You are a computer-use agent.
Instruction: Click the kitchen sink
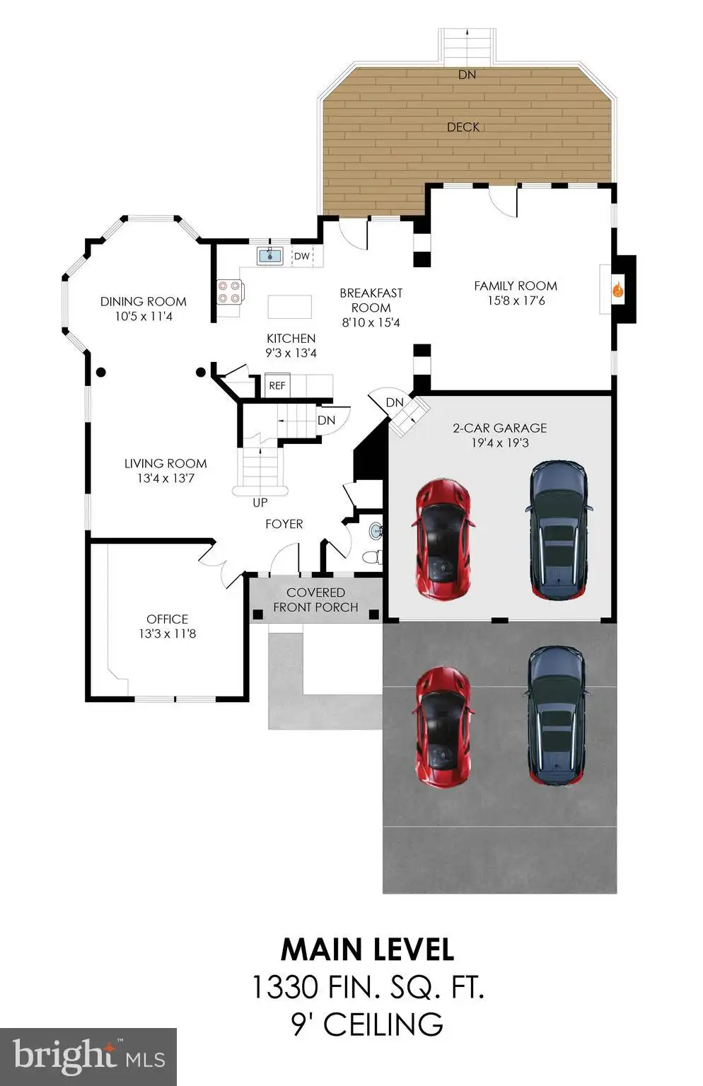click(270, 255)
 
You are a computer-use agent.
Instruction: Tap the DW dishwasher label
click(301, 256)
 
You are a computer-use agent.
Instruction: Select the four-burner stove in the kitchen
click(230, 292)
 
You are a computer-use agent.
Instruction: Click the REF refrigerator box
click(277, 385)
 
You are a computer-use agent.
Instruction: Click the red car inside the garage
click(442, 539)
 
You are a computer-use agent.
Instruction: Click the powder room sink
click(376, 532)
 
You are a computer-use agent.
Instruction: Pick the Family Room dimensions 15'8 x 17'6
click(516, 300)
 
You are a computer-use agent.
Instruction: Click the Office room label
click(168, 619)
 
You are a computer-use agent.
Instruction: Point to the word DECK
click(463, 127)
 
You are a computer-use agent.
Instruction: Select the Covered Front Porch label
click(315, 600)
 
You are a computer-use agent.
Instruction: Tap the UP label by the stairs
click(260, 503)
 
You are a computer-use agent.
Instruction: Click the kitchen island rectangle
click(289, 307)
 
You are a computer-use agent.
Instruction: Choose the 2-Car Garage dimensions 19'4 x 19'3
click(500, 443)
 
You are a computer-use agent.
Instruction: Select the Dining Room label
click(143, 302)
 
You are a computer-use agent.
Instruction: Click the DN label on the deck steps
click(467, 75)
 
